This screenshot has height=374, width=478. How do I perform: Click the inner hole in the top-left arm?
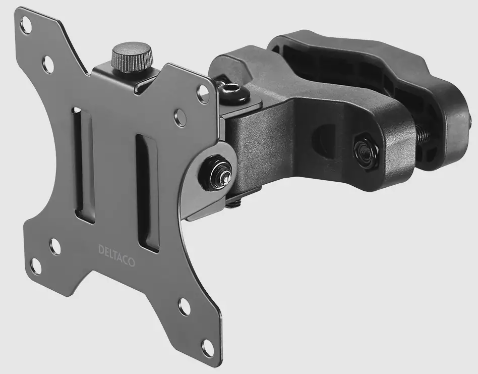tap(48, 64)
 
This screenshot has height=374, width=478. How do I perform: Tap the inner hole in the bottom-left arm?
tap(55, 246)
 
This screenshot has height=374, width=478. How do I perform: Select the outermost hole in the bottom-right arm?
tap(207, 347)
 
